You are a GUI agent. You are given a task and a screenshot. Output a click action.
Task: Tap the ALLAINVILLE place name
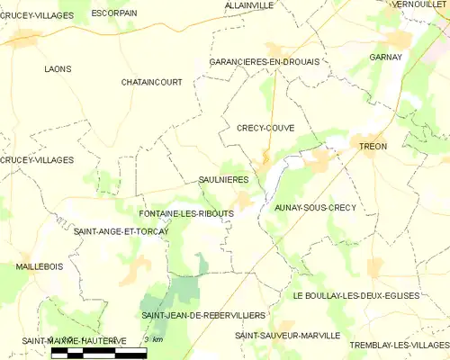[248, 5]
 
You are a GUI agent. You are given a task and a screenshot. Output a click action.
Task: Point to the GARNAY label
[384, 57]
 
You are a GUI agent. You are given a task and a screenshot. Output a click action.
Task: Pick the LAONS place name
[58, 68]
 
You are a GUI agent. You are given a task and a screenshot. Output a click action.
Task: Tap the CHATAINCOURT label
[151, 82]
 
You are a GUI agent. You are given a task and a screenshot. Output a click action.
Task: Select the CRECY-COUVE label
[265, 128]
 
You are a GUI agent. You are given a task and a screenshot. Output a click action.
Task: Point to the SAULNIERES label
[223, 180]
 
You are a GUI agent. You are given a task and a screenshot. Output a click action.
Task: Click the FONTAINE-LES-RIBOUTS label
[187, 213]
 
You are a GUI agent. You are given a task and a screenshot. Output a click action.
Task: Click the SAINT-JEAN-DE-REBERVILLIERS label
[203, 316]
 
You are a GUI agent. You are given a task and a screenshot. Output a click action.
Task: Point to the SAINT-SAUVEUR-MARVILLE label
[287, 335]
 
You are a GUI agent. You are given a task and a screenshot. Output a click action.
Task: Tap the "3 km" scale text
[152, 339]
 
